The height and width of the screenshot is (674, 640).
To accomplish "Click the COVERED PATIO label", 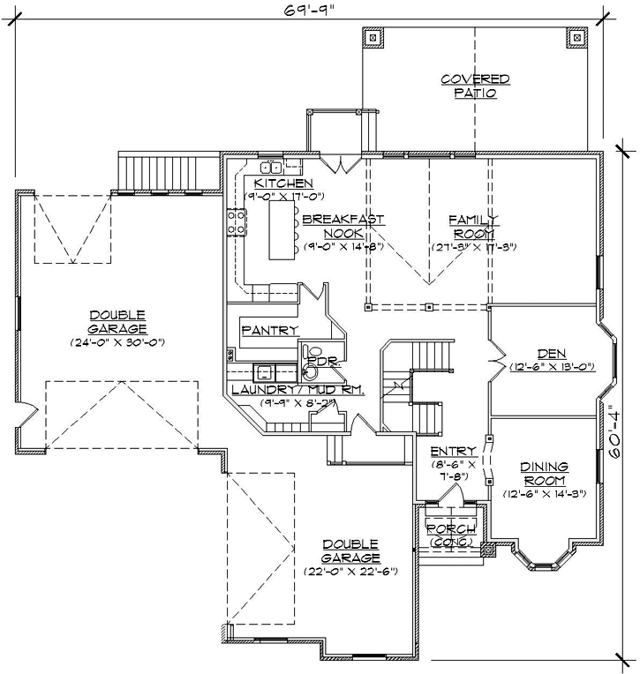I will tap(475, 86).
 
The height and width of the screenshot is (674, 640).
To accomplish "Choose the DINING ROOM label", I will tap(543, 473).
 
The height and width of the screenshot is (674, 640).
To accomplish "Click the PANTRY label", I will tap(269, 330).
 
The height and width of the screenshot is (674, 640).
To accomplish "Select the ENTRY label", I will tap(453, 451).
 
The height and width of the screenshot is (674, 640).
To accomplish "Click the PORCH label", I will tap(451, 528).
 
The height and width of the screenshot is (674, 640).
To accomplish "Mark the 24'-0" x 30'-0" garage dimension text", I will tap(118, 341).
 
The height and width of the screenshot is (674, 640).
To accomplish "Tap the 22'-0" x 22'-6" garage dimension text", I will tap(350, 571).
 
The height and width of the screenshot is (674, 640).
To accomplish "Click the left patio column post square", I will tap(372, 38).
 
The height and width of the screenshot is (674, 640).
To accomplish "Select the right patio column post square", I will tap(577, 38).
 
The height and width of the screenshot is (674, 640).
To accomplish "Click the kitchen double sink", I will tap(270, 166).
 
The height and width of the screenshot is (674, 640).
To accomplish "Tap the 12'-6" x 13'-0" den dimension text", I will tap(551, 366).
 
